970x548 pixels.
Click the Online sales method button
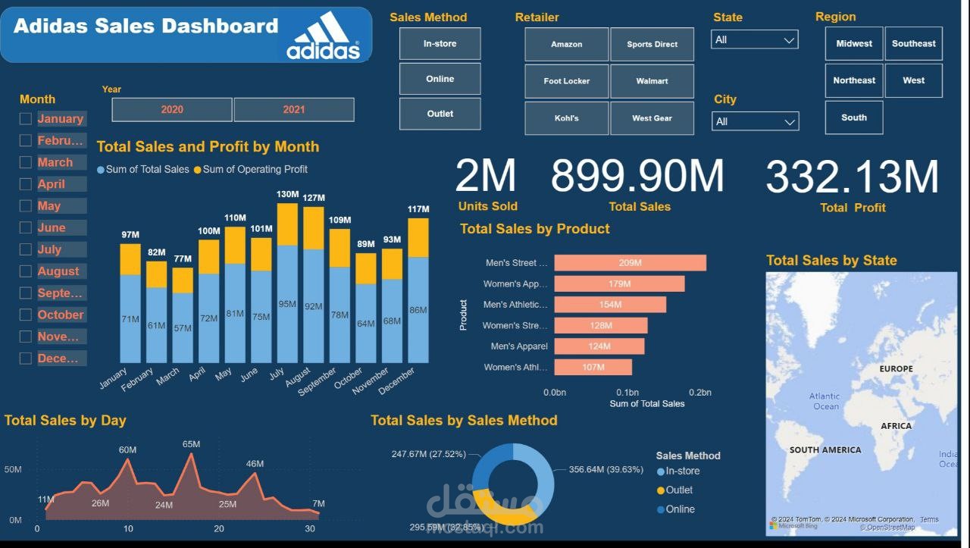coord(440,79)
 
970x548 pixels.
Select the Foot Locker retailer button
coord(566,81)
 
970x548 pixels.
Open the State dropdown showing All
coord(754,39)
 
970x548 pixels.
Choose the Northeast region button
coord(854,80)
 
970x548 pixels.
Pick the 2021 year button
coord(294,109)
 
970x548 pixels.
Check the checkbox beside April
coord(26,184)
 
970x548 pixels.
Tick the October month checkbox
coord(26,315)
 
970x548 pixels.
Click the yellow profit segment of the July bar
coord(287,224)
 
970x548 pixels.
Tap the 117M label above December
coord(418,209)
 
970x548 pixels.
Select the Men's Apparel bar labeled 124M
coord(599,346)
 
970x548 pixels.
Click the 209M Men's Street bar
coord(630,263)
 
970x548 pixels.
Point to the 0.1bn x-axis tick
coord(627,393)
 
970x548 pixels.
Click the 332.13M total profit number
coord(852,177)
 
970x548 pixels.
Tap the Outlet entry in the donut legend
coord(678,490)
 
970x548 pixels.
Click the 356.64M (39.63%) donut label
coord(605,469)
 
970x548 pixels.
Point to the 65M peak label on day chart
coord(191,444)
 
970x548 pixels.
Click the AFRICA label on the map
coord(896,426)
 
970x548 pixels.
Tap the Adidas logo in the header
coord(323,36)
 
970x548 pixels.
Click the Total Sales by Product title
coord(534,228)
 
